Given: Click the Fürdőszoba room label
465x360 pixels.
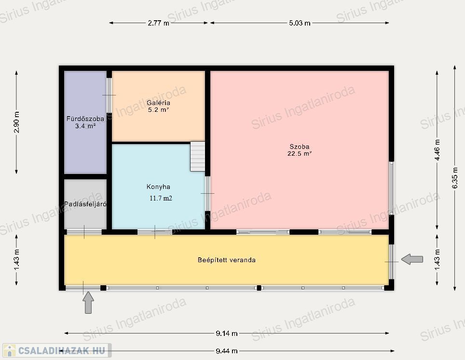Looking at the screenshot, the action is click(x=85, y=119).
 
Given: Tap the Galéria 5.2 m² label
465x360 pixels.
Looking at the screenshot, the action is click(x=158, y=106).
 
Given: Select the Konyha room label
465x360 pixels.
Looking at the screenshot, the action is click(x=158, y=187).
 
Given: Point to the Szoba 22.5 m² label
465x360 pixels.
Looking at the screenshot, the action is click(x=300, y=150).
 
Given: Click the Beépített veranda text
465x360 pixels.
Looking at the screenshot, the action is click(x=227, y=260).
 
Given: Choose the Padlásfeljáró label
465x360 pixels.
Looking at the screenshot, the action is click(x=85, y=204).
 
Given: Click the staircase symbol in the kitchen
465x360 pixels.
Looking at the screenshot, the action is click(x=197, y=157).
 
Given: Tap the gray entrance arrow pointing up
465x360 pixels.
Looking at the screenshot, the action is click(x=88, y=302).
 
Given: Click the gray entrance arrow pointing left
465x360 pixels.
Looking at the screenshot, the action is click(x=412, y=259).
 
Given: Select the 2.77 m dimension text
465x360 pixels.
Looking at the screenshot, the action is click(x=158, y=23).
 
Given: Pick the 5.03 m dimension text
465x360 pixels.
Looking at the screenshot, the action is click(x=300, y=23).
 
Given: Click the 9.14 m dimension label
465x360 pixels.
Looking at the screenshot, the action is click(x=227, y=333).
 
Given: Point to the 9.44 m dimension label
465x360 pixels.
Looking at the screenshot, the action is click(x=227, y=351).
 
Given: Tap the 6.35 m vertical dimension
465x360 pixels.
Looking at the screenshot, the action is click(x=454, y=178).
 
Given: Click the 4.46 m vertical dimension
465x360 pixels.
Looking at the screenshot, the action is click(x=437, y=150).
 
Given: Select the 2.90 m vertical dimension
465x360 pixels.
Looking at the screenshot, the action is click(x=16, y=122).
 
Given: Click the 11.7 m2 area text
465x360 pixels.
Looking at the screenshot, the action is click(x=161, y=198).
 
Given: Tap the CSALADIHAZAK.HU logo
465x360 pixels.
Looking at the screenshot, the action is click(x=57, y=350).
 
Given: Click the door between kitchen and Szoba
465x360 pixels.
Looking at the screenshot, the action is click(x=207, y=193).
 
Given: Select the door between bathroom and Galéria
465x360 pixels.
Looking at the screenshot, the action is click(x=109, y=95).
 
